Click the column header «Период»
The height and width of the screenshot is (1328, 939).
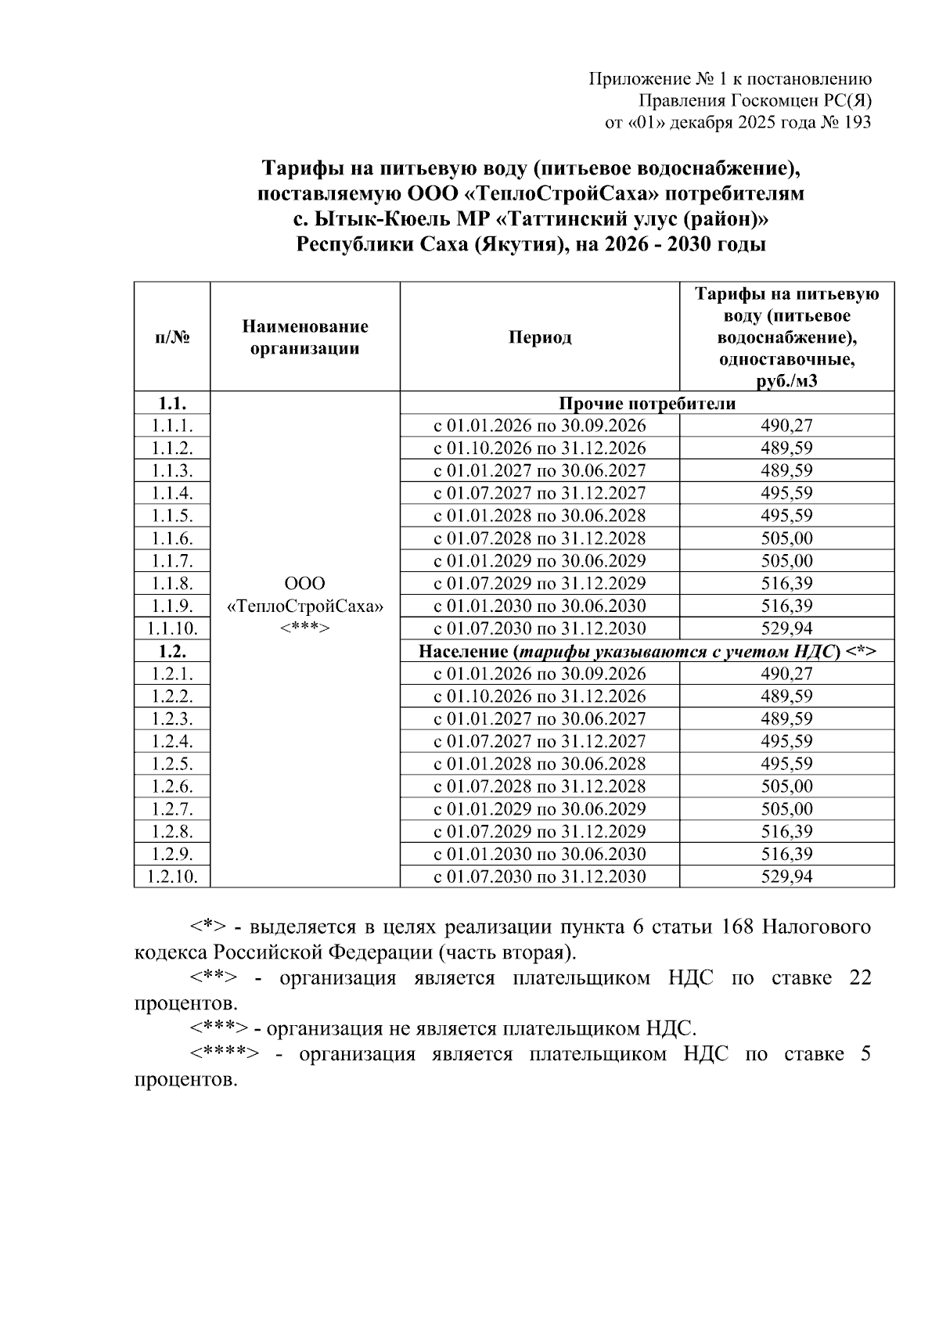coord(539,337)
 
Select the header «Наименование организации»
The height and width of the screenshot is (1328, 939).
coord(304,337)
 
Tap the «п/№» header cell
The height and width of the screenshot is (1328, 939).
coord(172,337)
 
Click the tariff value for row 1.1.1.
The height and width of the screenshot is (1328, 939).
coord(786,426)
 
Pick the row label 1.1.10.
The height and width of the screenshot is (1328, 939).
coord(172,628)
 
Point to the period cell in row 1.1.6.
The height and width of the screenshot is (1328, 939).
coord(539,538)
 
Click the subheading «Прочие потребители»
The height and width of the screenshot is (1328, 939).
coord(646,404)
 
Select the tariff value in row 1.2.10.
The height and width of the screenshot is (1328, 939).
coord(786,876)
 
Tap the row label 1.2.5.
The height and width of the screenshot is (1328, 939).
coord(172,764)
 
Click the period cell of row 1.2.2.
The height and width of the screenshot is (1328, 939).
coord(539,696)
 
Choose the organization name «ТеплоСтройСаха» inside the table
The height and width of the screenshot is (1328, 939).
coord(304,606)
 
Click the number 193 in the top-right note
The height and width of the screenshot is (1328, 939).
coord(856,122)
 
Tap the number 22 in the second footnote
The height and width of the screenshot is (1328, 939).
coord(859,979)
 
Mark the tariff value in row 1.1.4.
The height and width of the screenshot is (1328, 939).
coord(786,493)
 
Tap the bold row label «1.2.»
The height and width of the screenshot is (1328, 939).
coord(172,651)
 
